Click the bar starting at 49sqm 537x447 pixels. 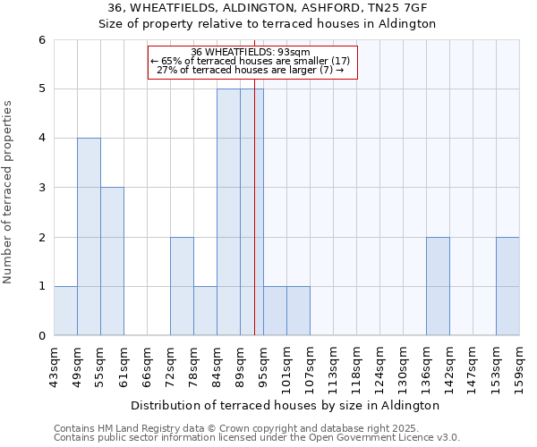click(89, 237)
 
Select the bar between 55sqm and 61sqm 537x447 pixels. click(112, 261)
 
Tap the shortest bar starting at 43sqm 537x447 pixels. click(65, 311)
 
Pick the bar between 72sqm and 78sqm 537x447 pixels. click(182, 286)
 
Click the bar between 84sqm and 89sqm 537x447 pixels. click(228, 212)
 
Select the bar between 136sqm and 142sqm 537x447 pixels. click(438, 286)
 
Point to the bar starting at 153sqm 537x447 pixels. click(507, 286)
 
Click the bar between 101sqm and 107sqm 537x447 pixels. click(298, 311)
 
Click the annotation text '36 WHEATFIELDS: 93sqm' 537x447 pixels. click(251, 52)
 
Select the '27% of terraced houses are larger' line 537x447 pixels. click(251, 70)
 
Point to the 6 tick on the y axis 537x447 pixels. click(42, 40)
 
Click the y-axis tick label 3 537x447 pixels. click(42, 188)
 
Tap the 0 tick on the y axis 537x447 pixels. click(42, 336)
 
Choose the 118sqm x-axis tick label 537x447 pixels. click(357, 365)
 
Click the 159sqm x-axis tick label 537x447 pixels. click(520, 365)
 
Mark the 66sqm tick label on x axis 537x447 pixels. click(148, 365)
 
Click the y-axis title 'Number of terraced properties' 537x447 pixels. click(9, 192)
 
